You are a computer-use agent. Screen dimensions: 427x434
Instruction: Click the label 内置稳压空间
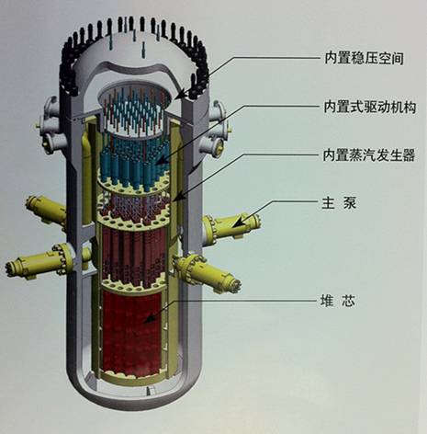click(x=364, y=58)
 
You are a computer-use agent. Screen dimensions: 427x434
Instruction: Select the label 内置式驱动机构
click(x=370, y=108)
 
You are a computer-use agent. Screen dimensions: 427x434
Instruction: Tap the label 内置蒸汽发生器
click(x=369, y=155)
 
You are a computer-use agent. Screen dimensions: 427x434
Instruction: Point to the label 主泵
click(x=339, y=203)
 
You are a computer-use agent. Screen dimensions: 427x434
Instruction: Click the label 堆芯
click(x=338, y=301)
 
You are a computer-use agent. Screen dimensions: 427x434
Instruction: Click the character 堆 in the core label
click(x=327, y=301)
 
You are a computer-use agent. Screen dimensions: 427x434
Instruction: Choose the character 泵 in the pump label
click(x=350, y=203)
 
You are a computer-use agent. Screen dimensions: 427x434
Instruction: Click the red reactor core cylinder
click(x=131, y=333)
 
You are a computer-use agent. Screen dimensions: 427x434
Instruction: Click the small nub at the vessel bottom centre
click(x=149, y=392)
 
